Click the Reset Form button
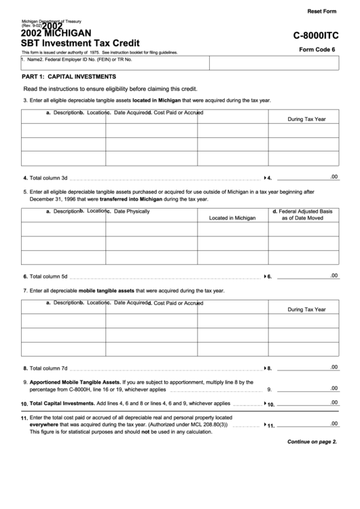[x=322, y=12]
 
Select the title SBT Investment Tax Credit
[x=81, y=42]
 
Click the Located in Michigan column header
[x=232, y=218]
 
